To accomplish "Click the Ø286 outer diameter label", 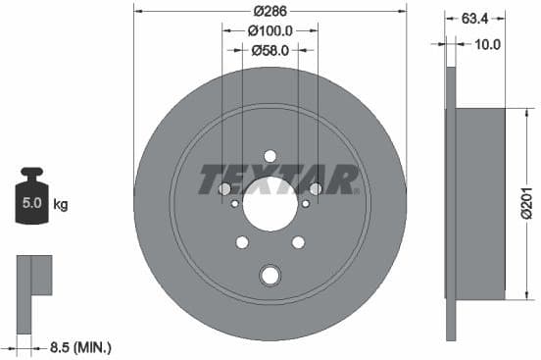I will click(270, 12).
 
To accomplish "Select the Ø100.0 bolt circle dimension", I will click(270, 30).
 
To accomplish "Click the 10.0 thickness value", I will click(487, 44).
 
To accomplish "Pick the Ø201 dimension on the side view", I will click(525, 202).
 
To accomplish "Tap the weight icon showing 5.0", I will click(31, 202).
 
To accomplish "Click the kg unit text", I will click(61, 205).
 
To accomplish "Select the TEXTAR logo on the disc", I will click(277, 180).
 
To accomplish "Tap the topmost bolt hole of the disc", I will click(270, 156).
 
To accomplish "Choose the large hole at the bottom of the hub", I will click(270, 276).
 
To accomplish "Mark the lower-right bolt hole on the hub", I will click(298, 242).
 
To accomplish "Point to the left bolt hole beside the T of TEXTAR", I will click(223, 189).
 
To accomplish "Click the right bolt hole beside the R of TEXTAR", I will click(316, 189).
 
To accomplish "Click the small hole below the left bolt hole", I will click(233, 204).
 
